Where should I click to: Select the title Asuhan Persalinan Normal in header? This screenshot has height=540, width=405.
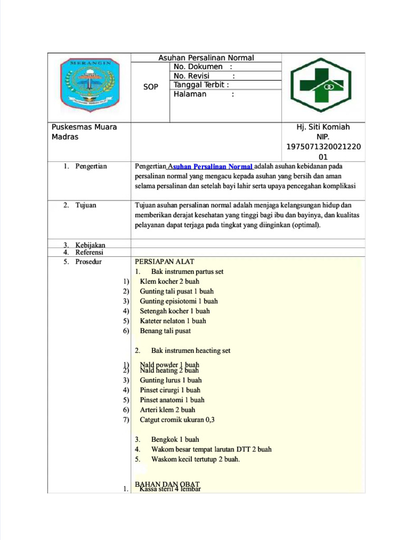(x=206, y=57)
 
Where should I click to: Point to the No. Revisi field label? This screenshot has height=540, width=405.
(x=195, y=76)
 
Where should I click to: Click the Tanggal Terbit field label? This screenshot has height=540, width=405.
(x=201, y=85)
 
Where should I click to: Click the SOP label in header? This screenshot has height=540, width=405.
(x=151, y=87)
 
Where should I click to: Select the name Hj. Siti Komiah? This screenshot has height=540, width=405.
(x=323, y=127)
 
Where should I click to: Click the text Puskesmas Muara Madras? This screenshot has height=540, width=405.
(x=84, y=132)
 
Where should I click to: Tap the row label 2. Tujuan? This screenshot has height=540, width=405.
(x=80, y=205)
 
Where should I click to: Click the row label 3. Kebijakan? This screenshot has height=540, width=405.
(x=84, y=245)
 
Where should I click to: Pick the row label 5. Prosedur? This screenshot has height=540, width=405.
(x=82, y=262)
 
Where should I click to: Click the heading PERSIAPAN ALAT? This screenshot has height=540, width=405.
(x=165, y=262)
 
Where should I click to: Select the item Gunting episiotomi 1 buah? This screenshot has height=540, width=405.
(x=179, y=301)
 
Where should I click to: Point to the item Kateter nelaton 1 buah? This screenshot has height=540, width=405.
(x=173, y=321)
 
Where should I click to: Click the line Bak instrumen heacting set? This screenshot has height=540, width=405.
(x=190, y=351)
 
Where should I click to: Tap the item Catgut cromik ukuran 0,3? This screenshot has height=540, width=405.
(x=177, y=420)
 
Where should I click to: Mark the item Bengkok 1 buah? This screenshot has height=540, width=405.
(x=175, y=439)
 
